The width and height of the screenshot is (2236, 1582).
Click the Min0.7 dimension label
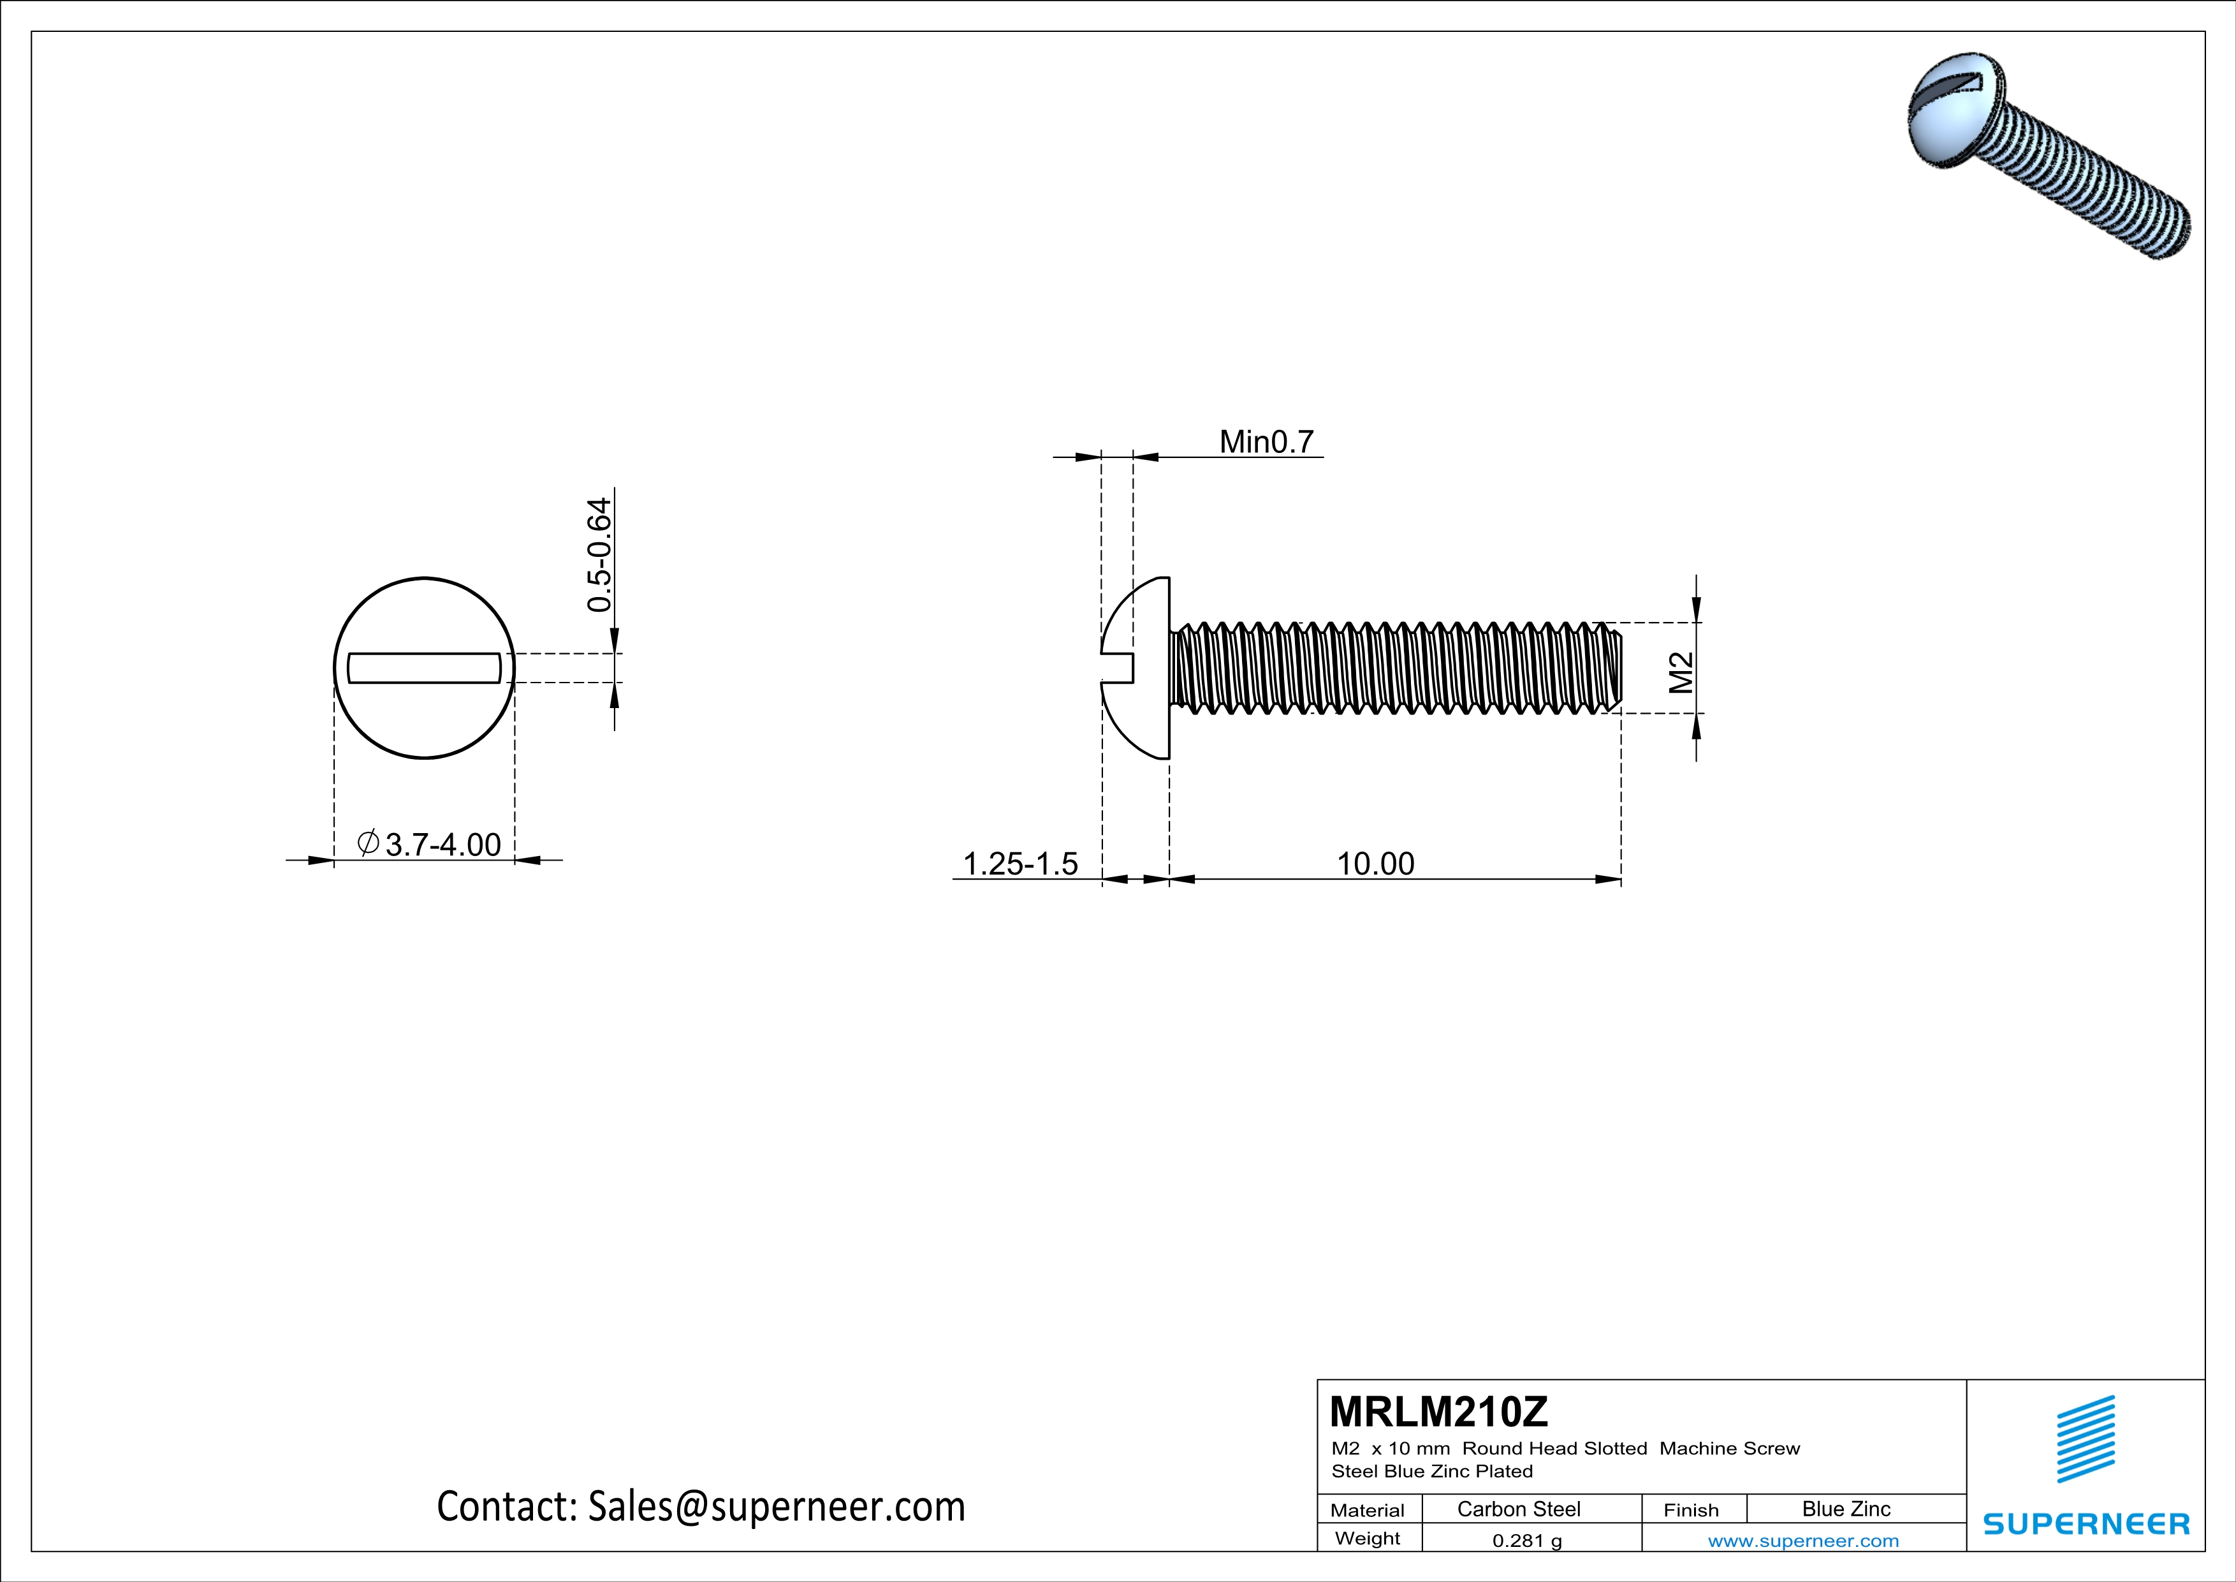coord(1266,442)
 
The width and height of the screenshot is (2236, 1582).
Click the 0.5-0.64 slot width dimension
coord(600,554)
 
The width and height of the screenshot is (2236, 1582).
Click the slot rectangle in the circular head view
coord(425,669)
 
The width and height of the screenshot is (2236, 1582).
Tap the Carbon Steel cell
coord(1518,1509)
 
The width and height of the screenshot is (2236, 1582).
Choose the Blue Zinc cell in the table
coord(1845,1509)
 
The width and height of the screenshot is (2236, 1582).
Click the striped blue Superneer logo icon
coord(2085,1439)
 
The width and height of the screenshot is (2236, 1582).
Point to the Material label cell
coord(1368,1510)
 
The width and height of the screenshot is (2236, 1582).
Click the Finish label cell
coord(1691,1510)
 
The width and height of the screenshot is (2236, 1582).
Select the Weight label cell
coord(1368,1538)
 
